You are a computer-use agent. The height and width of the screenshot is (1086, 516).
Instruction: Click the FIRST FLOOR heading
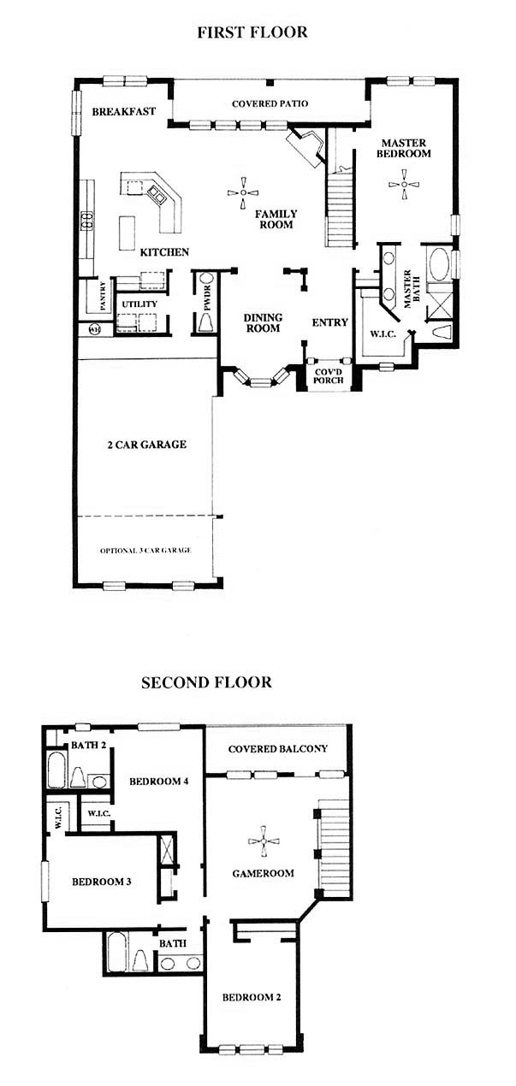[x=252, y=32]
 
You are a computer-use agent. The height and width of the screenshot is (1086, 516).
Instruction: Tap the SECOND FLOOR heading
[x=206, y=682]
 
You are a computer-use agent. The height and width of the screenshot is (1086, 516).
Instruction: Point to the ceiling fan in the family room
[x=242, y=192]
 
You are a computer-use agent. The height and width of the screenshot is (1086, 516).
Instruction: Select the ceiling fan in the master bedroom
[x=404, y=184]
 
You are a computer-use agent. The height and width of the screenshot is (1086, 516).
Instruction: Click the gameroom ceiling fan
[x=264, y=841]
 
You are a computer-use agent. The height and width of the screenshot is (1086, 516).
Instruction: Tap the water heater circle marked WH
[x=95, y=330]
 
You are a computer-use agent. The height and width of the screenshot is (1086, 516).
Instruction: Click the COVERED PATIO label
[x=270, y=103]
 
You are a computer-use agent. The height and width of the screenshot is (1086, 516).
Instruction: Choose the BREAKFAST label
[x=124, y=111]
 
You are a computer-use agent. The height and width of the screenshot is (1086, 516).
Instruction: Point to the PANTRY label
[x=103, y=296]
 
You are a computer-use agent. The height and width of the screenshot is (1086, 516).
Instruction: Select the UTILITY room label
[x=139, y=304]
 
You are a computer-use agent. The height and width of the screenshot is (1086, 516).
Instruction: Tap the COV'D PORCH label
[x=329, y=376]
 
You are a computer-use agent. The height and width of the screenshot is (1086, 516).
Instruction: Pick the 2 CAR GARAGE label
[x=146, y=445]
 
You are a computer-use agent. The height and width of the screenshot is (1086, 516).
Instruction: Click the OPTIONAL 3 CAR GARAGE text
[x=145, y=551]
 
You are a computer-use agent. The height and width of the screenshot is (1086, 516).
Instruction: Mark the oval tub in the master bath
[x=439, y=264]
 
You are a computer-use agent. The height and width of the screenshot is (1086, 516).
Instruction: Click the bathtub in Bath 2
[x=56, y=770]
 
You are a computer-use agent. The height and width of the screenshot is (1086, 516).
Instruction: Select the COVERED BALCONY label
[x=278, y=748]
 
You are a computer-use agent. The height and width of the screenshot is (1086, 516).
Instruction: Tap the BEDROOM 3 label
[x=101, y=882]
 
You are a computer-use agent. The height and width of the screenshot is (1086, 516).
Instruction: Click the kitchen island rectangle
[x=127, y=233]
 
